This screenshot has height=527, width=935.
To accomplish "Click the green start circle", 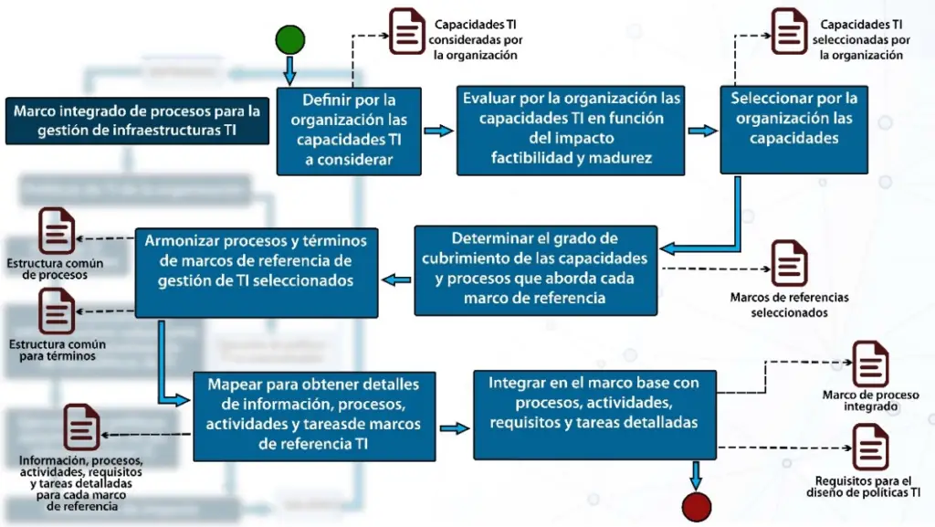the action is [x=290, y=40].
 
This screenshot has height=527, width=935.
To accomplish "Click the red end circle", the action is [x=697, y=507].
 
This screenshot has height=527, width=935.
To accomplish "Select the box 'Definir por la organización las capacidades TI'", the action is [x=349, y=131].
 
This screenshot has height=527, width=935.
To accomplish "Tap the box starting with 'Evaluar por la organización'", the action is [x=571, y=130].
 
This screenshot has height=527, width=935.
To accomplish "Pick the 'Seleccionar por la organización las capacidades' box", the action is [x=793, y=130].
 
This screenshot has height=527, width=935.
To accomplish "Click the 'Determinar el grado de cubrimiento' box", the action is [x=535, y=270].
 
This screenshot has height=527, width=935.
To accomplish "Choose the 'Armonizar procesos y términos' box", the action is [x=257, y=272].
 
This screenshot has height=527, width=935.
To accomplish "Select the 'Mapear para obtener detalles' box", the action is [x=314, y=416].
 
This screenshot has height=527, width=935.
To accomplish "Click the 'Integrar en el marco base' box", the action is [x=594, y=415].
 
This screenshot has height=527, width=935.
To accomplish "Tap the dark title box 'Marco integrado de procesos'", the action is [x=137, y=121].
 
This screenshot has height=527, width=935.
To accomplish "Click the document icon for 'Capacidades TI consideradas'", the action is [x=406, y=32].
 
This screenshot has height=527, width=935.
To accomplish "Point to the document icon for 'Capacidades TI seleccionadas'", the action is [x=789, y=32].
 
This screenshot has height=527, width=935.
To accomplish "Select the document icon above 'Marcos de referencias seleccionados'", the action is [x=790, y=263].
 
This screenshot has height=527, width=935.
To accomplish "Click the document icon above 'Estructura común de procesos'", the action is [x=57, y=231].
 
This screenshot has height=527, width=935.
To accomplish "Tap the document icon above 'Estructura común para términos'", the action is [x=57, y=311].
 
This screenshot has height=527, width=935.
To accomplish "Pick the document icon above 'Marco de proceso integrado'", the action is [x=870, y=364].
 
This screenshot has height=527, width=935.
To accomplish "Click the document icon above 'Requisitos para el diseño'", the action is [x=870, y=448].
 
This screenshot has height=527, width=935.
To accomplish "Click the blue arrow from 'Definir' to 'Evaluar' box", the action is [x=439, y=131].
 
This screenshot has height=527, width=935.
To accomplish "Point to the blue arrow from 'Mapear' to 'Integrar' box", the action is [x=455, y=428].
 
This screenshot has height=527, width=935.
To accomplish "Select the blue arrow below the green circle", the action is [x=289, y=70].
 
